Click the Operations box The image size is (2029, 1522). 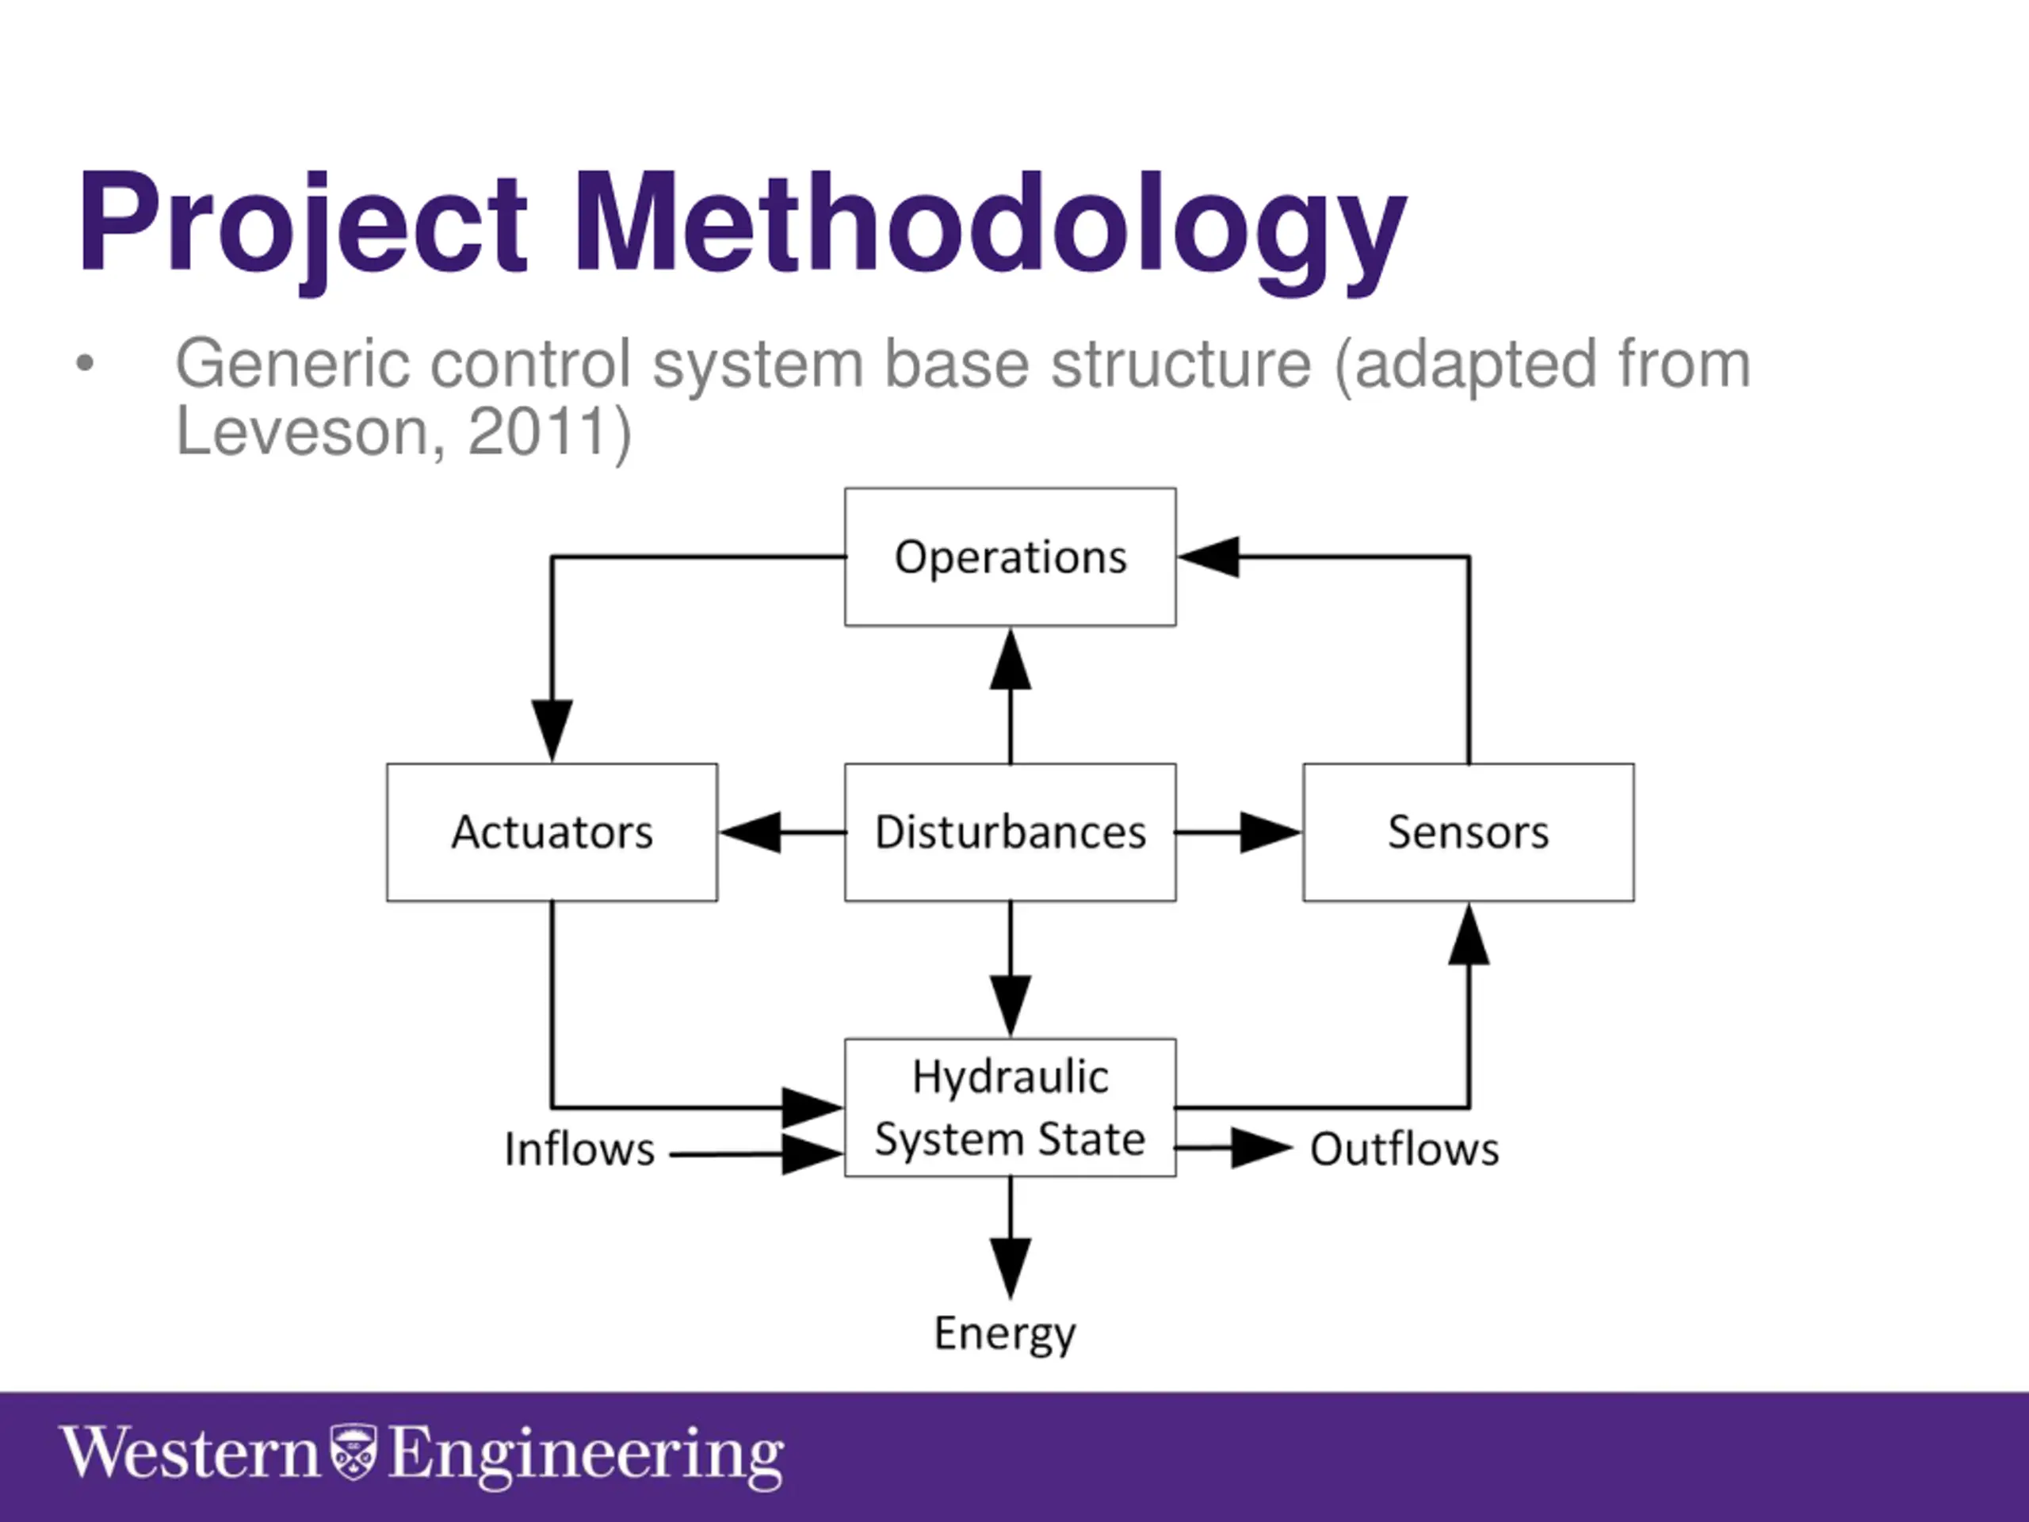tap(1010, 556)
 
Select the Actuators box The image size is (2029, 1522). tap(552, 832)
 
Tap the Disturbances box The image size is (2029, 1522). tap(1010, 832)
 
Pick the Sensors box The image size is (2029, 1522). tap(1468, 832)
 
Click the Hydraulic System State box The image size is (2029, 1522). tap(1010, 1107)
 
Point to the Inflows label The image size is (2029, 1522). tap(579, 1149)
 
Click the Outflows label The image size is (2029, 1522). tap(1404, 1149)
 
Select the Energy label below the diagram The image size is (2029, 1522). tap(1004, 1334)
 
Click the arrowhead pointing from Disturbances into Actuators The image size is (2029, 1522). tap(751, 832)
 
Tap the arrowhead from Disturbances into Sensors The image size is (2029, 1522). tap(1271, 832)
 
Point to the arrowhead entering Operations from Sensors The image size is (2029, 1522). tap(1209, 556)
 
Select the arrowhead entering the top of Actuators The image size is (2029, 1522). tap(552, 730)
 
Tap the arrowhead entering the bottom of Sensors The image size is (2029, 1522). tap(1469, 934)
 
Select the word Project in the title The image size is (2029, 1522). tap(303, 225)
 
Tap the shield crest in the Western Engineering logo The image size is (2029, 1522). tap(353, 1451)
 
